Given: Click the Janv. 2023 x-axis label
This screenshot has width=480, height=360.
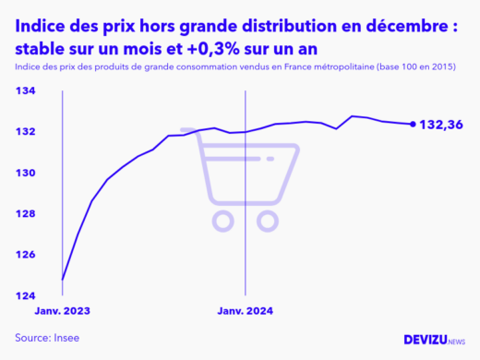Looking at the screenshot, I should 64,311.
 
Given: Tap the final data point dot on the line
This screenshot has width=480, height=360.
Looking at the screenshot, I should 413,124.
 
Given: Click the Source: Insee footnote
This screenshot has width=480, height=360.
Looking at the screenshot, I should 47,338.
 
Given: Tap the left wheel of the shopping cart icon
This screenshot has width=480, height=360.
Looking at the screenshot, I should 223,220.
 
